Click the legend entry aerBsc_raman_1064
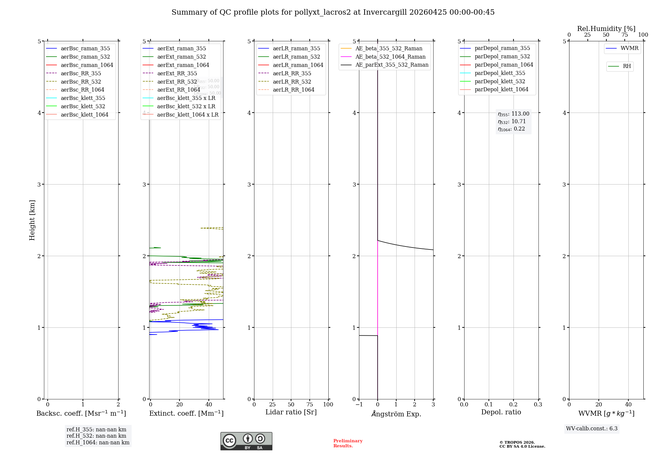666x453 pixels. click(87, 65)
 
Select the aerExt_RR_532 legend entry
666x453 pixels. click(177, 82)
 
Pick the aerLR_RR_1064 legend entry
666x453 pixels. click(293, 90)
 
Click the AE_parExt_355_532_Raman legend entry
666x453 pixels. click(392, 65)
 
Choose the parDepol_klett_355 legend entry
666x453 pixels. click(500, 73)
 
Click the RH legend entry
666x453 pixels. click(627, 66)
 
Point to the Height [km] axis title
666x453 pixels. click(32, 220)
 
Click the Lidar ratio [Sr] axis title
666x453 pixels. click(291, 412)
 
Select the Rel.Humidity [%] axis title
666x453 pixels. click(606, 29)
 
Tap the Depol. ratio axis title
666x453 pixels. click(501, 412)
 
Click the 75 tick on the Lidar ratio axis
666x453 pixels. click(310, 405)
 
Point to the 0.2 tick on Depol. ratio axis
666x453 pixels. click(513, 405)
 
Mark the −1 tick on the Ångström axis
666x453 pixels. click(359, 405)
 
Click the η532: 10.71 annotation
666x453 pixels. click(512, 122)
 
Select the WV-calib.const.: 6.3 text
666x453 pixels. click(592, 429)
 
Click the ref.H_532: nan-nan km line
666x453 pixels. click(96, 436)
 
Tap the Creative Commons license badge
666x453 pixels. click(246, 441)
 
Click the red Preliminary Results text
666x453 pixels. click(348, 443)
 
